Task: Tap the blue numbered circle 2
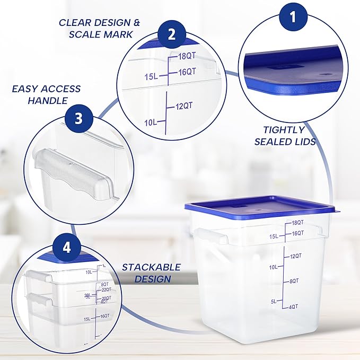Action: pos(172,34)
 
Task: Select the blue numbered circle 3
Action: pos(78,118)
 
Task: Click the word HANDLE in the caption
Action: pos(48,100)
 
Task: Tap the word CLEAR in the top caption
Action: pos(76,23)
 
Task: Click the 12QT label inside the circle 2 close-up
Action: pos(184,106)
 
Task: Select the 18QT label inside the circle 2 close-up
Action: pos(187,55)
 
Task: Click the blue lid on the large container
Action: pos(260,206)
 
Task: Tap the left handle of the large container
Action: pos(204,236)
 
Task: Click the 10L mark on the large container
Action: pos(273,267)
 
